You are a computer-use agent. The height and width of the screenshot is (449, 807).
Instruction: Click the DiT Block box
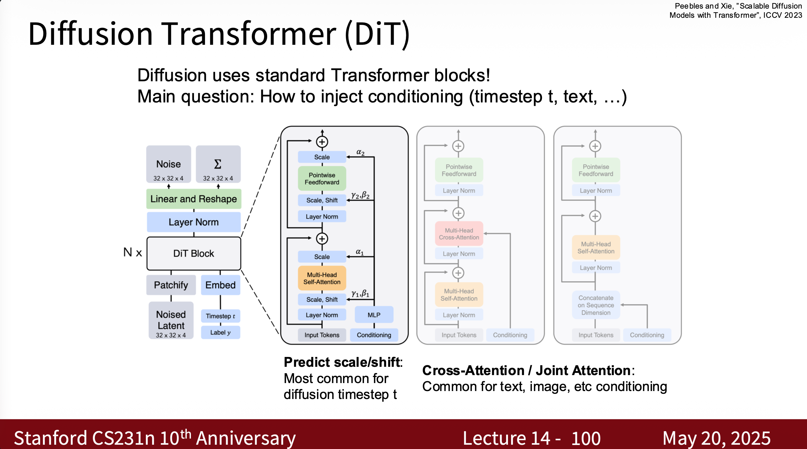tap(194, 253)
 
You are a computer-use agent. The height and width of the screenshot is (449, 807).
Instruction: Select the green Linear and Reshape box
tap(194, 199)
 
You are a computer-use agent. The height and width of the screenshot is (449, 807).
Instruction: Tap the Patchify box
tap(171, 285)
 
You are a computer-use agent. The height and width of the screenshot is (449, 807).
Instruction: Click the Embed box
tap(220, 285)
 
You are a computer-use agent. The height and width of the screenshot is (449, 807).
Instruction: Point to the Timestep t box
tap(220, 316)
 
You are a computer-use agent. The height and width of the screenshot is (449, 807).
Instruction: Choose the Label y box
tap(220, 332)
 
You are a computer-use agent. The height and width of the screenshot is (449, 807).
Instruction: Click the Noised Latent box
tap(171, 320)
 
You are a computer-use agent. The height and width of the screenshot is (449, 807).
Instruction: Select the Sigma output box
tap(218, 164)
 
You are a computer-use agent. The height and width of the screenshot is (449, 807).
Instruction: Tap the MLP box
tap(374, 315)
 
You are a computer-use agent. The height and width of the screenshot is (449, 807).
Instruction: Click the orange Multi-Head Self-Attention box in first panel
tap(322, 278)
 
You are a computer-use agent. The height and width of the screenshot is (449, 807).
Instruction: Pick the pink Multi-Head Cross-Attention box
tap(459, 234)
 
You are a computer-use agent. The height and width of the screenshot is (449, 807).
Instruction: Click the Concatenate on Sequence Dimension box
tap(596, 305)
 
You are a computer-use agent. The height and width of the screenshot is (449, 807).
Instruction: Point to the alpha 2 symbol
tap(360, 152)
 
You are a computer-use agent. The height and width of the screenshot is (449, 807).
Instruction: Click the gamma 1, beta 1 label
tap(360, 294)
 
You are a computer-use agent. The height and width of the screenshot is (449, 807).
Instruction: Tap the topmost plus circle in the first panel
tap(322, 142)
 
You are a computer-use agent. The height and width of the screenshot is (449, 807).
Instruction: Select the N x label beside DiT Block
tap(133, 252)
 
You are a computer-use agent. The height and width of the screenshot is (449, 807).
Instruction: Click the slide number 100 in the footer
tap(585, 438)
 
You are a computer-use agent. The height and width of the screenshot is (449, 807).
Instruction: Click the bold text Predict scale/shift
tap(343, 362)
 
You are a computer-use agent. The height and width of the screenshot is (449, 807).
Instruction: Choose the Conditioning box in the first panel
tap(374, 335)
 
